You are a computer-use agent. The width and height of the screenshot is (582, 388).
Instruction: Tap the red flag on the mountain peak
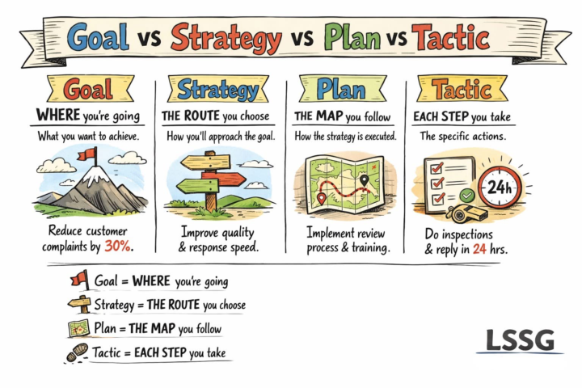pos(85,154)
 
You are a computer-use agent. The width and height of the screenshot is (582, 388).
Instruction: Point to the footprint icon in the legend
pos(78,352)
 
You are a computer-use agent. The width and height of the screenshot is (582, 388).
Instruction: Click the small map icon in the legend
pos(79,328)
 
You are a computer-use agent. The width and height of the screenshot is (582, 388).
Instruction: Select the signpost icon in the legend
pos(79,305)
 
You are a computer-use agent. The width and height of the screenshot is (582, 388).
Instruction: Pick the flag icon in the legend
pos(79,280)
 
